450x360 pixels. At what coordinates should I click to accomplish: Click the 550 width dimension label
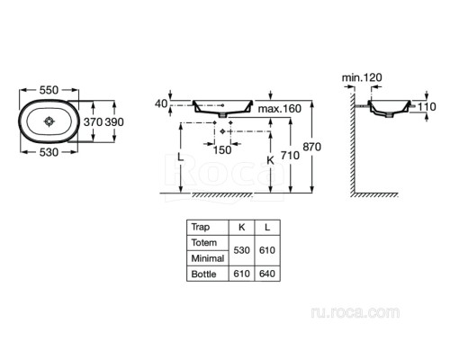(49, 90)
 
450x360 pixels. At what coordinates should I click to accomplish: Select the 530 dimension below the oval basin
(49, 152)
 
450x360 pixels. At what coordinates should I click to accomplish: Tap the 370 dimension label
(93, 122)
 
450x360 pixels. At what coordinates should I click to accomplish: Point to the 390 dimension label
(114, 122)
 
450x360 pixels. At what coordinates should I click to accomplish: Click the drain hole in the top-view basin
(49, 121)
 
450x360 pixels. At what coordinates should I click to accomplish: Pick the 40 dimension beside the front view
(161, 103)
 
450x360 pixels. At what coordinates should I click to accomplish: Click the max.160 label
(280, 109)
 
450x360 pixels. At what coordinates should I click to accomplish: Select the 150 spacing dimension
(222, 150)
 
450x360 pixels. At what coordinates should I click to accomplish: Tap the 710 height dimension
(290, 156)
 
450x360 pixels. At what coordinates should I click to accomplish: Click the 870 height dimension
(312, 147)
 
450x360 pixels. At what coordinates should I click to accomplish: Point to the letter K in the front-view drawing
(270, 161)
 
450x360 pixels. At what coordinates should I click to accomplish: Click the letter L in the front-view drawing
(180, 157)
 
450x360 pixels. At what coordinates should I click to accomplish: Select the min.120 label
(362, 77)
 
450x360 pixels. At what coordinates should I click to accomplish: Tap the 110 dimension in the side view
(427, 107)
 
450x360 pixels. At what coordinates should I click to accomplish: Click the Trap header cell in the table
(201, 227)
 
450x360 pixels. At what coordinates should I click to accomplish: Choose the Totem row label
(204, 242)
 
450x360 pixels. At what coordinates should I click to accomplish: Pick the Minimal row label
(208, 258)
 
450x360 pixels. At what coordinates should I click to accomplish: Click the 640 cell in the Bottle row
(267, 274)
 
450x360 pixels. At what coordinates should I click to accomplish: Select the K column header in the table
(241, 228)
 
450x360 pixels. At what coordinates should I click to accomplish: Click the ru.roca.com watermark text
(355, 312)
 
